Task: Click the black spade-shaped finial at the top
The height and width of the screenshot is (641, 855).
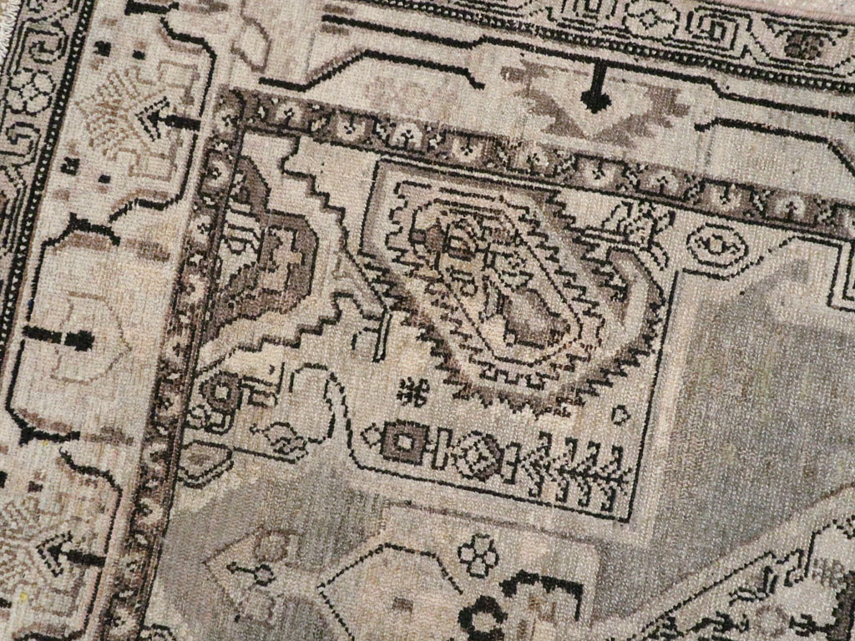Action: coord(595,99)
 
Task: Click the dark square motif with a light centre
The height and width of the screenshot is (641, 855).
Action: coord(404,444)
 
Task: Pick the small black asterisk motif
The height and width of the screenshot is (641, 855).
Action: coord(410,390)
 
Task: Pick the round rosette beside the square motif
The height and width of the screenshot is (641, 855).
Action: coord(479,456)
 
